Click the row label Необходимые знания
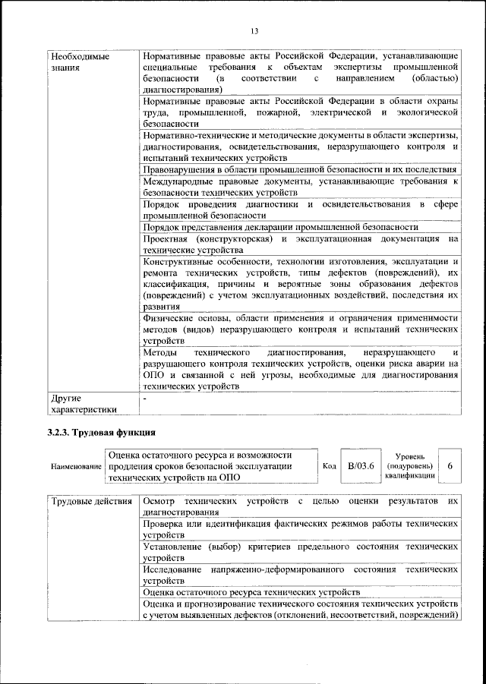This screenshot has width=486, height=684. coord(79,62)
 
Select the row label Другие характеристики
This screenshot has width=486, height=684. coord(83,403)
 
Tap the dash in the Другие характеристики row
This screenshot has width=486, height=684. coord(145,397)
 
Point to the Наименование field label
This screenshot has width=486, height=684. coord(76,466)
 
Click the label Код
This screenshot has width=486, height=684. coord(329,465)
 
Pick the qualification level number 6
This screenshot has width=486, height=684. coord(451,465)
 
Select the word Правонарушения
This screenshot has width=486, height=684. coord(178,169)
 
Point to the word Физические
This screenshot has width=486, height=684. coord(168,317)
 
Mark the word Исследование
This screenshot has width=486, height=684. coord(172,569)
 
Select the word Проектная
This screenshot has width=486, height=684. coord(166,238)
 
